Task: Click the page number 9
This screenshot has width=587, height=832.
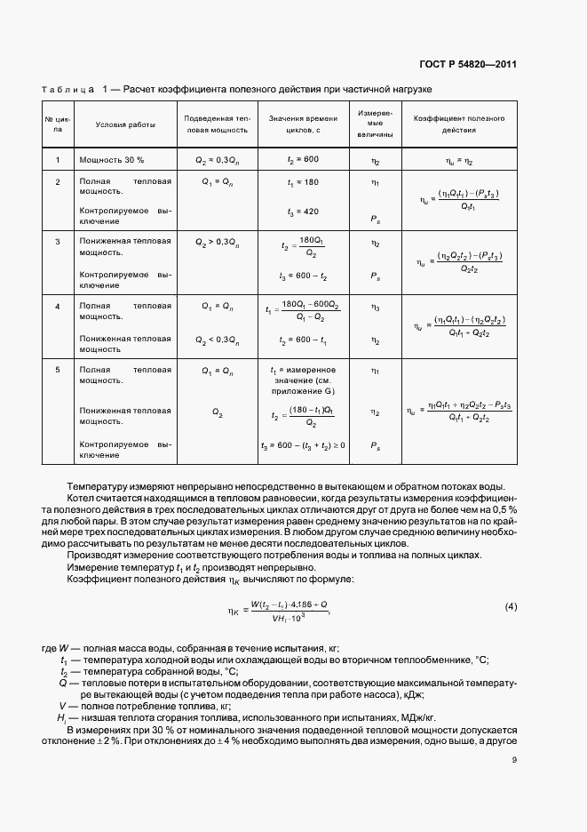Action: point(514,759)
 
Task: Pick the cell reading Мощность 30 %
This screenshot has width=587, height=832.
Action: point(112,159)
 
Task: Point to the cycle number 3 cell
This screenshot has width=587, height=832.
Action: point(58,241)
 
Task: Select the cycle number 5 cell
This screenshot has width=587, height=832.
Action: point(58,370)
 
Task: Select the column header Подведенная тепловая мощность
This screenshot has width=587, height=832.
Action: point(218,124)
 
